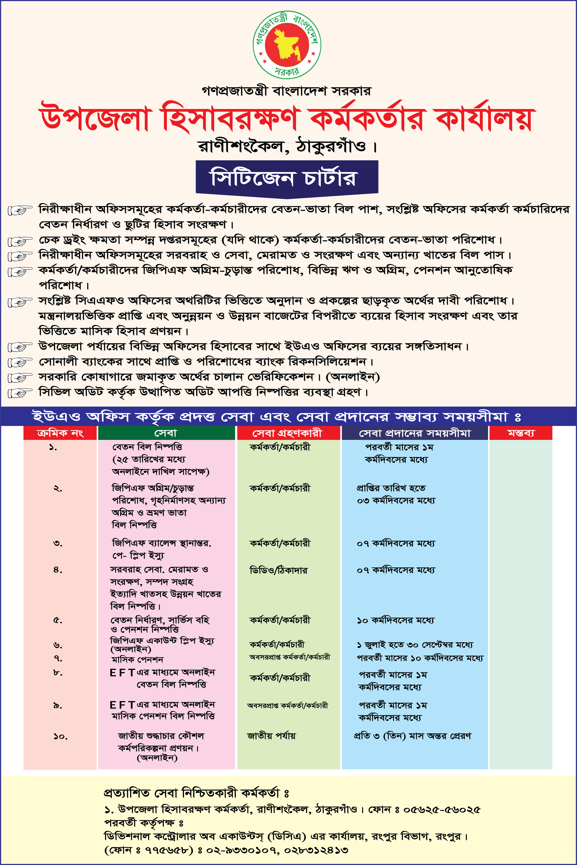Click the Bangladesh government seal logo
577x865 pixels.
point(287,44)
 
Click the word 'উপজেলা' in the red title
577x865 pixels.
point(95,118)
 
